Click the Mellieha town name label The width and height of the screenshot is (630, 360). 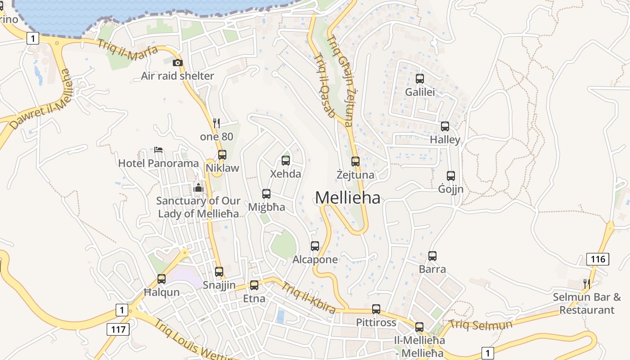(x=347, y=198)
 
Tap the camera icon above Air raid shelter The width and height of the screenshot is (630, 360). (x=178, y=63)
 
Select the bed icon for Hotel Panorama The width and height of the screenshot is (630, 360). (x=158, y=149)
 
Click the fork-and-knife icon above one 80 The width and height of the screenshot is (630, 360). (x=216, y=123)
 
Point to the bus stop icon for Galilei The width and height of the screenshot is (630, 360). (x=420, y=79)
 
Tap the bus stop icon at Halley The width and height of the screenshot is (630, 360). (x=445, y=126)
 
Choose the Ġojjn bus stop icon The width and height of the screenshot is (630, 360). (x=451, y=176)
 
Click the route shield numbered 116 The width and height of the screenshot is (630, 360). (x=598, y=259)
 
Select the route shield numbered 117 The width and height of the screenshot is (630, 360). (x=118, y=329)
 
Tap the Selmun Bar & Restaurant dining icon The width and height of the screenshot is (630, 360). (x=586, y=283)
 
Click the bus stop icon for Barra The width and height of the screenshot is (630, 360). (x=432, y=256)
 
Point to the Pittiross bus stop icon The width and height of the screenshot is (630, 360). (x=376, y=309)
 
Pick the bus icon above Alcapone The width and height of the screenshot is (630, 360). (x=315, y=246)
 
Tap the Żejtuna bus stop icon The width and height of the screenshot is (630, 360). (x=355, y=161)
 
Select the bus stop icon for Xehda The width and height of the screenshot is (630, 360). (x=285, y=160)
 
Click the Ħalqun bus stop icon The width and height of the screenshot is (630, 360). (x=162, y=279)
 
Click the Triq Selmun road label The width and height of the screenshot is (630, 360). (x=481, y=324)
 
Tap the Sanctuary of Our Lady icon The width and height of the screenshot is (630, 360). (x=198, y=188)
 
